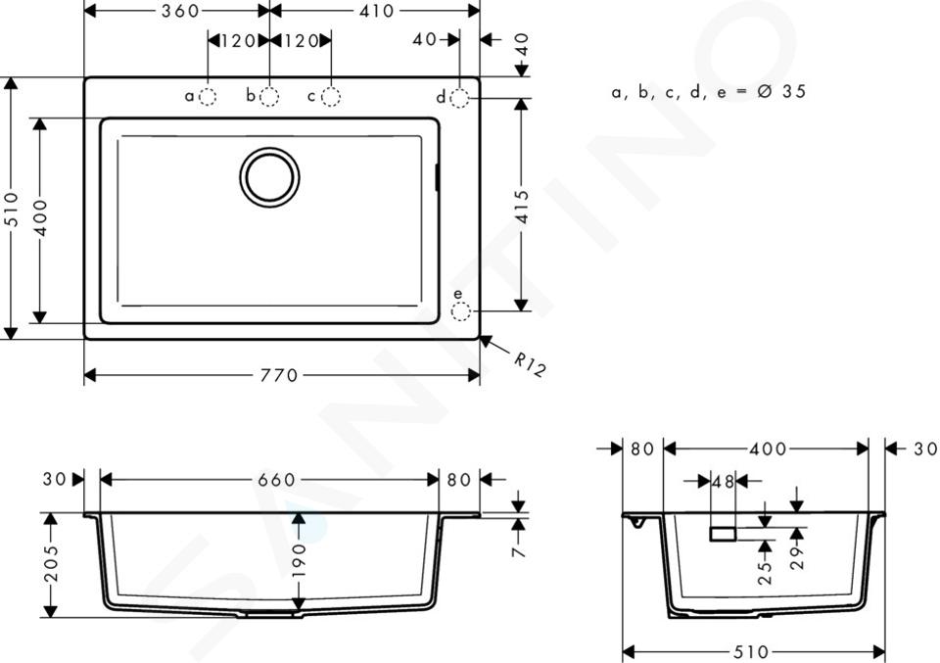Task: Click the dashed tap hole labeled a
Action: [x=208, y=97]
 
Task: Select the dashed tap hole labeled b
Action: [x=269, y=97]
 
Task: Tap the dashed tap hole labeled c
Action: [x=331, y=97]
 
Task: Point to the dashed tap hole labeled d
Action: [x=459, y=98]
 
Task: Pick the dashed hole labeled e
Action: [x=460, y=311]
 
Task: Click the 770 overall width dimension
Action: [x=279, y=376]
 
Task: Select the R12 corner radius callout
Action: [x=530, y=364]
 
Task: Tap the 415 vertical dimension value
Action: [x=523, y=207]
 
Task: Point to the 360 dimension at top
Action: [x=180, y=11]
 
